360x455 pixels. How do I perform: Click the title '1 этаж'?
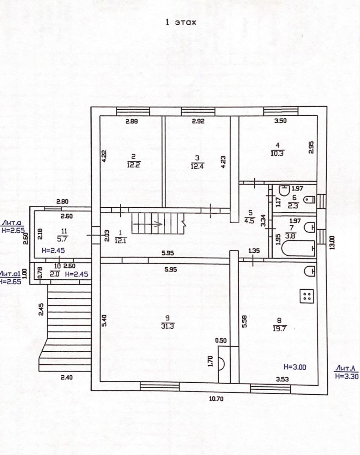(x=181, y=22)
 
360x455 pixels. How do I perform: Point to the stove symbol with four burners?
(x=307, y=296)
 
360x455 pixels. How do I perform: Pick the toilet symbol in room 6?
(x=309, y=199)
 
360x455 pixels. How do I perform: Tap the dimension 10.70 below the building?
(x=216, y=399)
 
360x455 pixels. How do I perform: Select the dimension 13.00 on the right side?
(x=332, y=243)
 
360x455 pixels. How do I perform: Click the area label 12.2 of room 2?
(x=133, y=165)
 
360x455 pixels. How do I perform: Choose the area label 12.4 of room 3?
(x=197, y=166)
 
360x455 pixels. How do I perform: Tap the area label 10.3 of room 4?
(x=277, y=153)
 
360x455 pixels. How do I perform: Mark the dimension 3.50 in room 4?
(x=280, y=121)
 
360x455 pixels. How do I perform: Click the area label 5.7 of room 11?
(x=62, y=239)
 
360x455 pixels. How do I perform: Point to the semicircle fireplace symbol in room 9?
(x=221, y=363)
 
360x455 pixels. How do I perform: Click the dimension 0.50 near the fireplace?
(x=221, y=340)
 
